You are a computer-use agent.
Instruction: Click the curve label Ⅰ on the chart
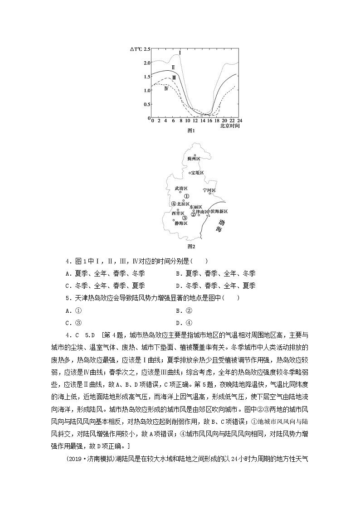(x=180, y=53)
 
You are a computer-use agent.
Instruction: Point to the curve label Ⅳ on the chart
(x=166, y=88)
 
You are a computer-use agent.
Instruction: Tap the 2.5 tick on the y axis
(x=146, y=49)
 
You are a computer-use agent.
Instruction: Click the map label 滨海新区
(x=219, y=212)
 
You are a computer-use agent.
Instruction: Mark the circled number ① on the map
(x=186, y=196)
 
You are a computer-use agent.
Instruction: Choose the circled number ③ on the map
(x=185, y=218)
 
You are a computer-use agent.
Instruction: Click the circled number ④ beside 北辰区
(x=174, y=204)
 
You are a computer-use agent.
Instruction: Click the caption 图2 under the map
(x=191, y=247)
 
